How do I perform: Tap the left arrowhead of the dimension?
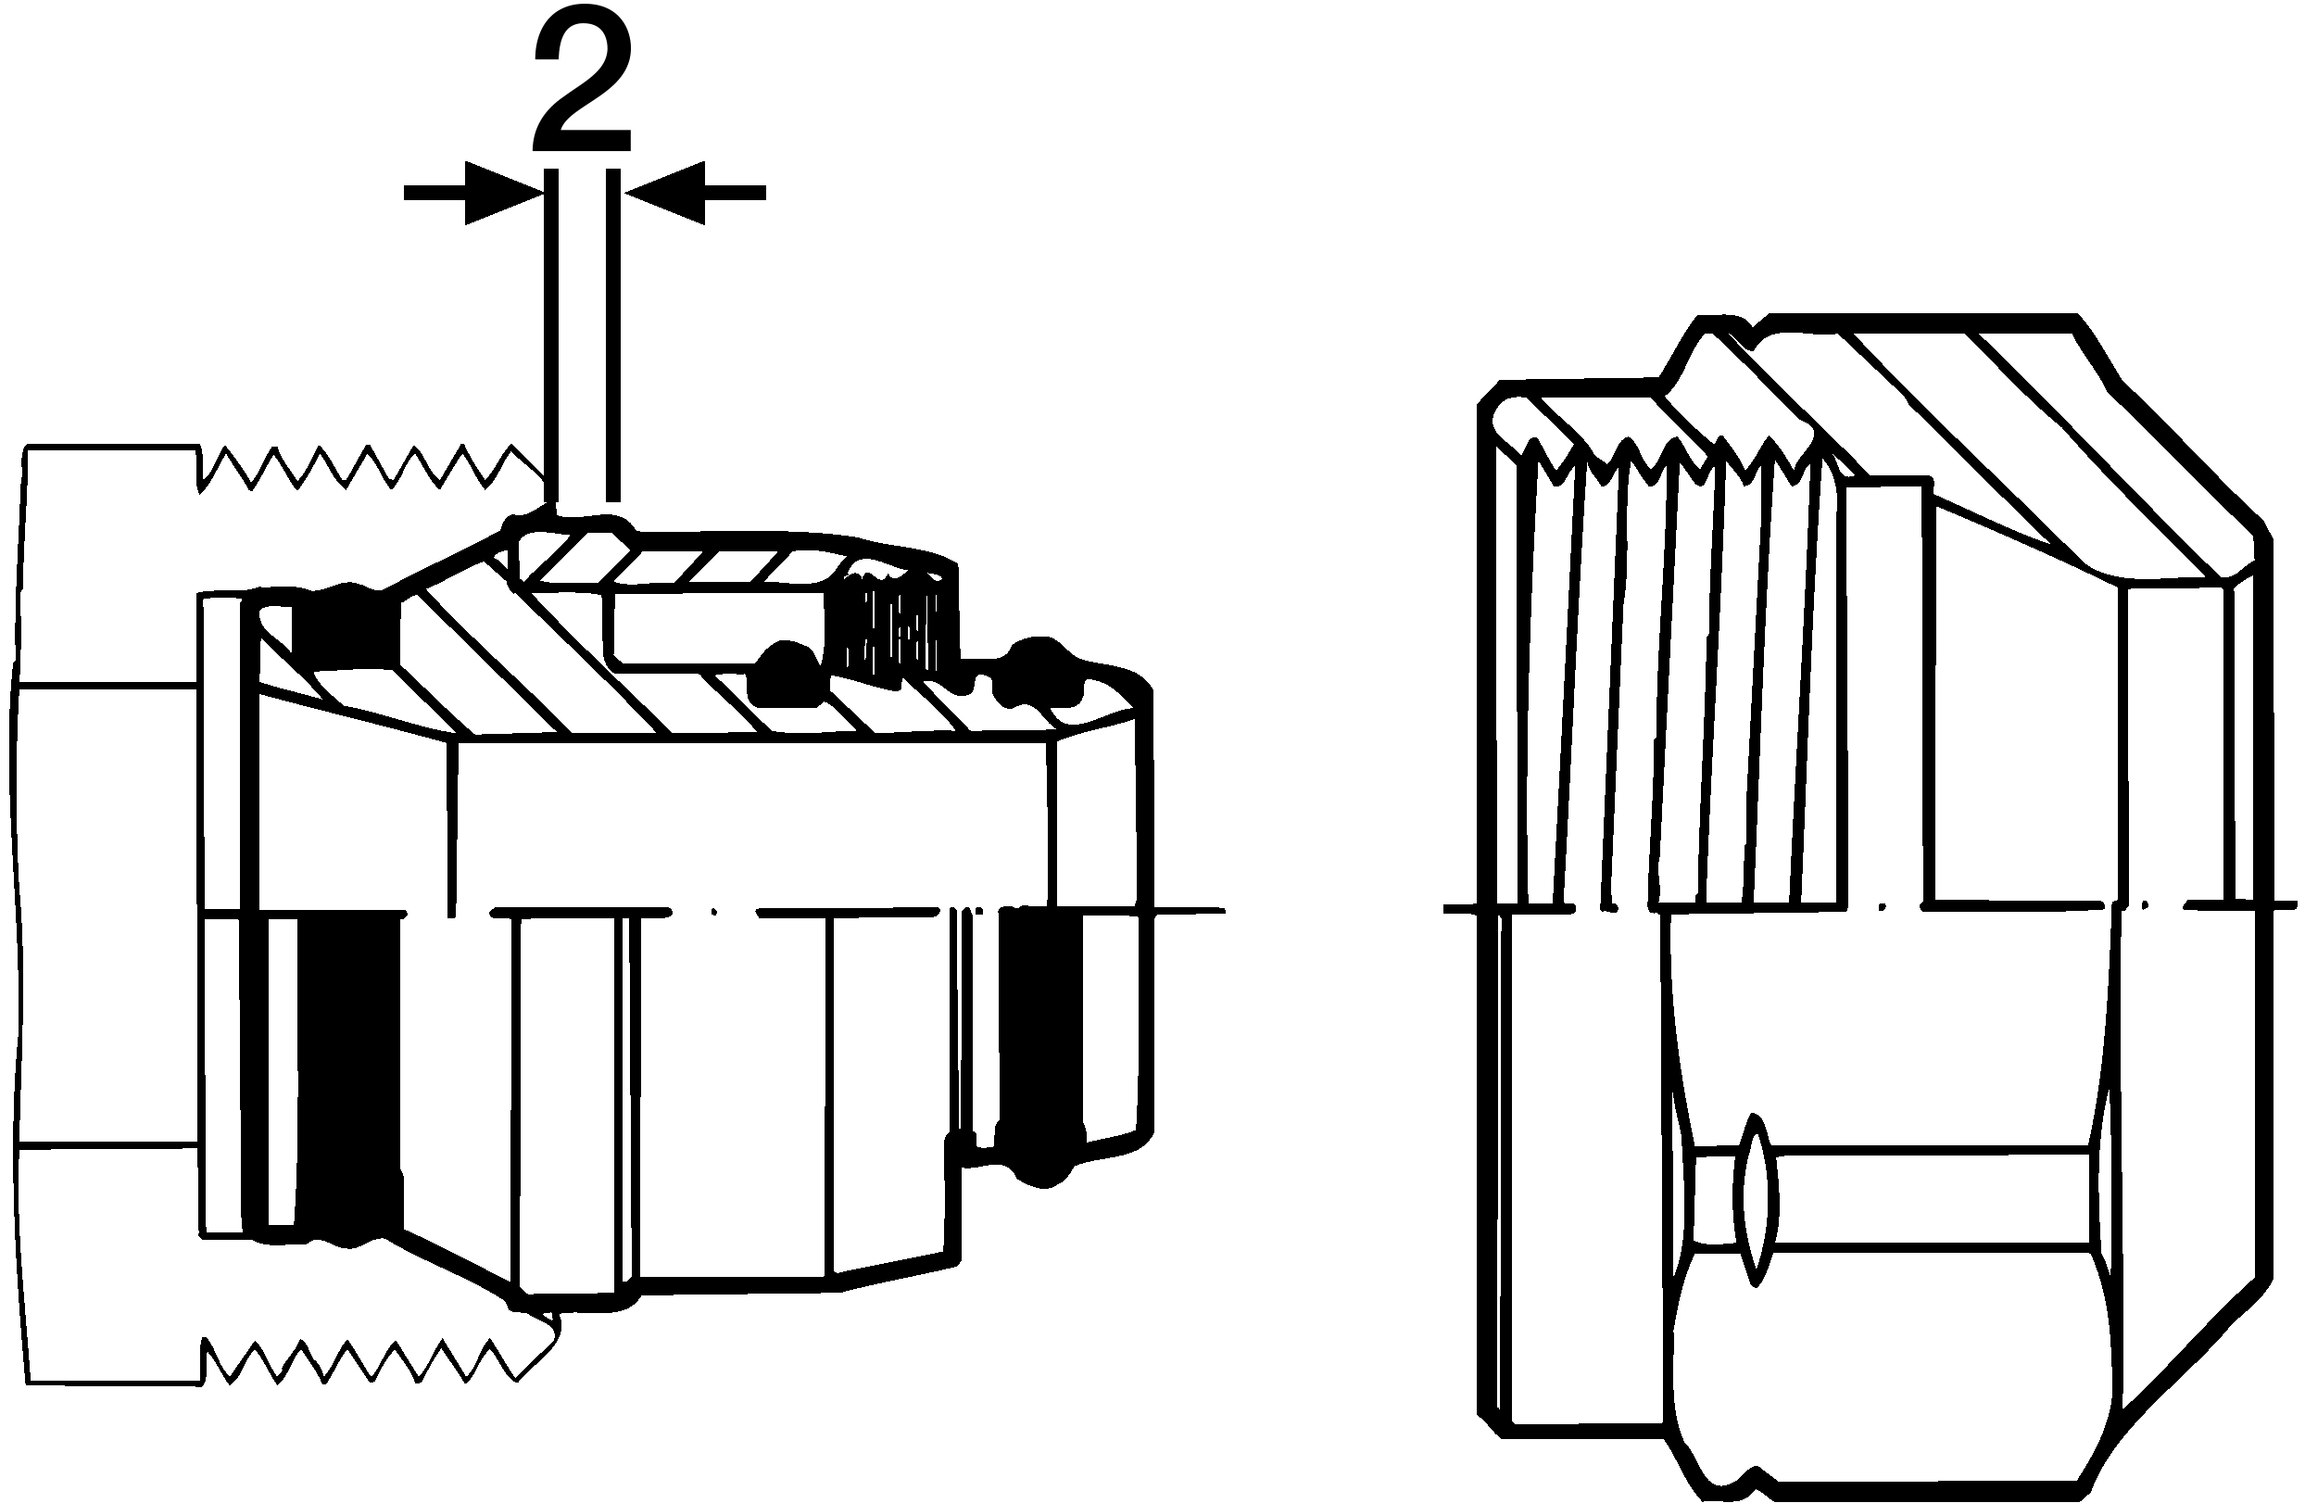(x=504, y=193)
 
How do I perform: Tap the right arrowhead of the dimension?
(x=664, y=193)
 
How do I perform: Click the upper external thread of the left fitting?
(x=368, y=470)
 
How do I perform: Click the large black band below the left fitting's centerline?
(x=349, y=1075)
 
